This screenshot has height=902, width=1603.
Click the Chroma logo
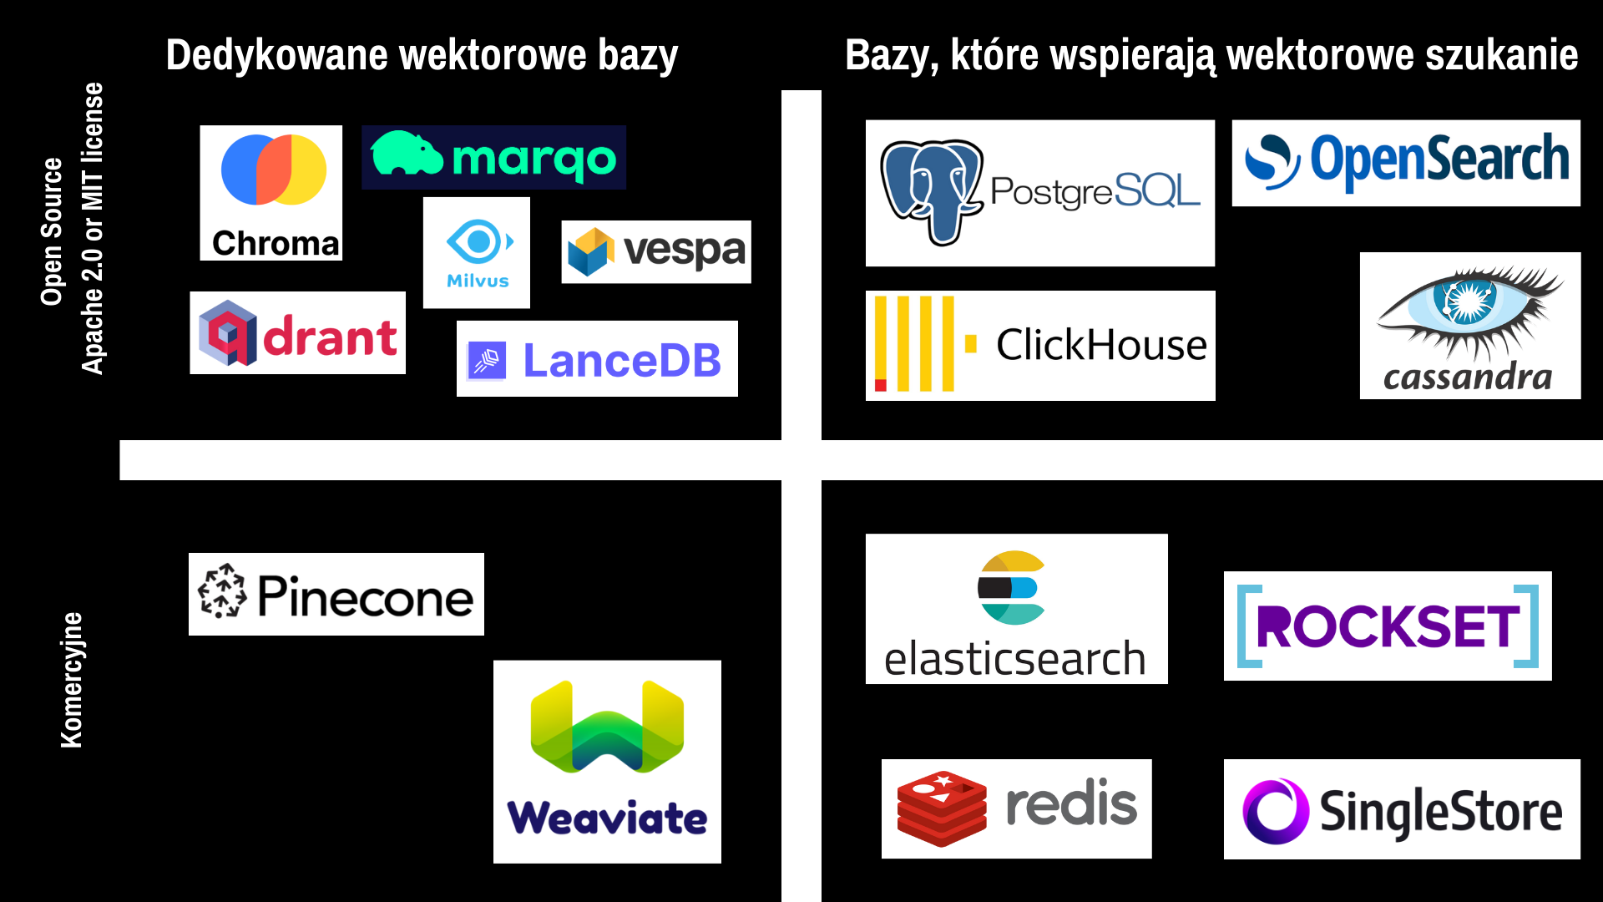271,193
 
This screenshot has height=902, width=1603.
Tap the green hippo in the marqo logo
407,154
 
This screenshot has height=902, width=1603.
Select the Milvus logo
477,253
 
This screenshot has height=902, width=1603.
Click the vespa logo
656,251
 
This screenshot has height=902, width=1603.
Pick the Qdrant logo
298,332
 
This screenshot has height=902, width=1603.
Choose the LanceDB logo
597,358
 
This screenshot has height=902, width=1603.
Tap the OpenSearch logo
1406,163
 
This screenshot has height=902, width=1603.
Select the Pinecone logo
336,594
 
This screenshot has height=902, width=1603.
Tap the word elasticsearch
1015,659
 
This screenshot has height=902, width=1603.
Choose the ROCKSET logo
1388,626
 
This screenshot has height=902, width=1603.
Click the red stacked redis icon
942,808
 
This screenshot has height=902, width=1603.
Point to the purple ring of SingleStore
1276,811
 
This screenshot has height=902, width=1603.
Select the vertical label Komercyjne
72,680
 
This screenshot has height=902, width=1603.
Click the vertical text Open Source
52,231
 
